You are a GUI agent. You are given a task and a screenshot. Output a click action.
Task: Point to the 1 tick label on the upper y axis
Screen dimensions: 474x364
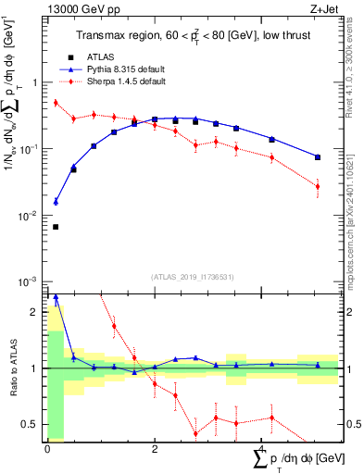click(x=36, y=82)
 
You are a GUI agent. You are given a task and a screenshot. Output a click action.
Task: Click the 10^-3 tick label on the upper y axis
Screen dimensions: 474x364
click(x=30, y=281)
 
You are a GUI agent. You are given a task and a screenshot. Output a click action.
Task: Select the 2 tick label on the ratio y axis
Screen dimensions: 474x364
click(x=36, y=312)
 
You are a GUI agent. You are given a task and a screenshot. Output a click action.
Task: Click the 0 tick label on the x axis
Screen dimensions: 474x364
click(x=47, y=449)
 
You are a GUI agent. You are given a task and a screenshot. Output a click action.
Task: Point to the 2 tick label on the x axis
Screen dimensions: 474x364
click(x=155, y=449)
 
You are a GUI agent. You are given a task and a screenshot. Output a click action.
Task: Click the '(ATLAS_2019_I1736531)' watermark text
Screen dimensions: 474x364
click(x=192, y=276)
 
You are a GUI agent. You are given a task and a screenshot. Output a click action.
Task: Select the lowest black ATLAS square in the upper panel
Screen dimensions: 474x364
click(x=56, y=226)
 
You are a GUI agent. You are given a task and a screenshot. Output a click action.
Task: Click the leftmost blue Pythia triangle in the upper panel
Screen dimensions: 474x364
click(x=56, y=201)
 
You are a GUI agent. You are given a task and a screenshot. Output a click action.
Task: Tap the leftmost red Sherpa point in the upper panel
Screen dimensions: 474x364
click(x=56, y=103)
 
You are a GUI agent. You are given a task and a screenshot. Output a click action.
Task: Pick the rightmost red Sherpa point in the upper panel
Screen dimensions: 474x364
click(x=318, y=186)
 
